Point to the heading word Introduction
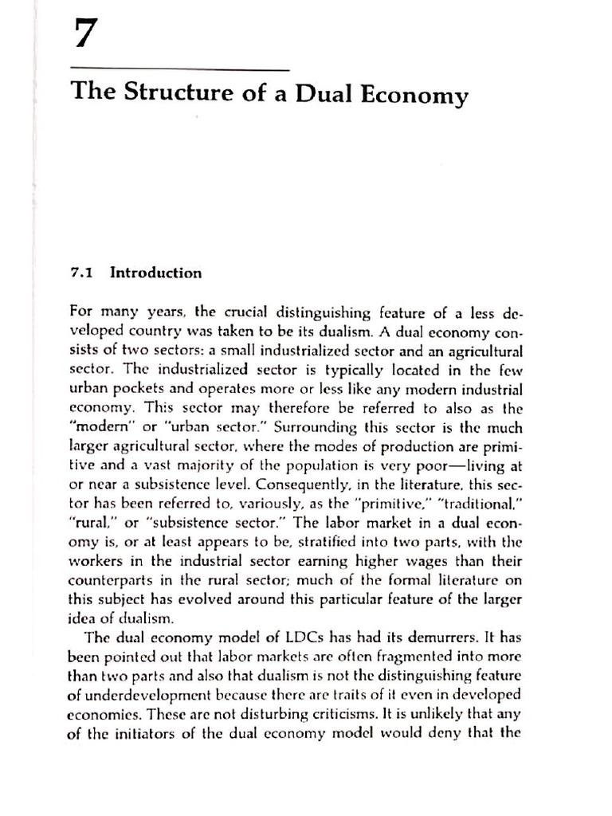click(x=155, y=273)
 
